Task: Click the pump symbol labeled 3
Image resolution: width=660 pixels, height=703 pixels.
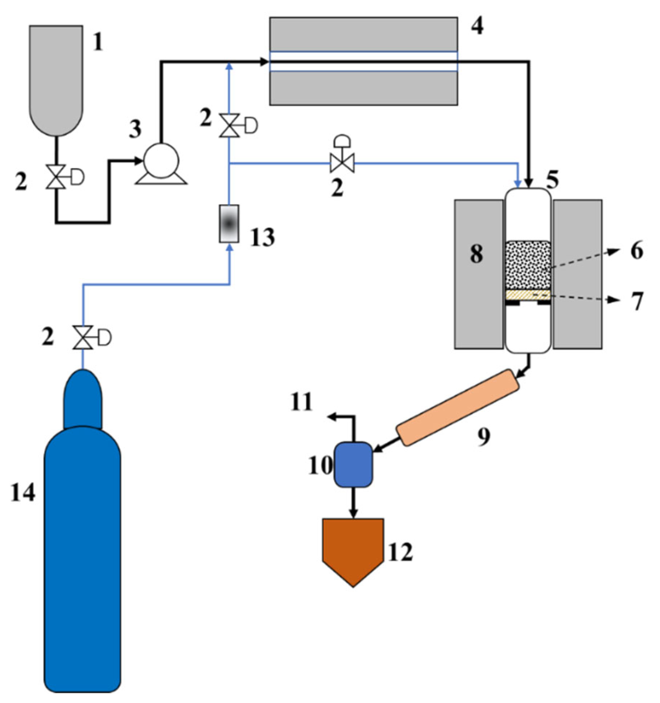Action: (x=161, y=161)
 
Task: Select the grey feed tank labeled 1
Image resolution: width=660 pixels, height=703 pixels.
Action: (x=56, y=76)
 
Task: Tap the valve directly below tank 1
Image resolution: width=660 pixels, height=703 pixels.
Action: (x=56, y=177)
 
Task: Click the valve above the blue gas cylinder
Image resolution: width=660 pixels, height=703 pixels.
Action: (x=83, y=337)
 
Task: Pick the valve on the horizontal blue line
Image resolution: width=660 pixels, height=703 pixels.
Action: (x=342, y=163)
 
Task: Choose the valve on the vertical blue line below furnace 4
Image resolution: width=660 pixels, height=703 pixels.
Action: (x=229, y=125)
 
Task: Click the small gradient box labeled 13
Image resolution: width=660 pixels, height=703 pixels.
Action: (x=229, y=224)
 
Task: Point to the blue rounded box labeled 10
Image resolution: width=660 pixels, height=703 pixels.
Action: (x=353, y=464)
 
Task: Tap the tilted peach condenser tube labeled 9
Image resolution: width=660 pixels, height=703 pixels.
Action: (x=458, y=407)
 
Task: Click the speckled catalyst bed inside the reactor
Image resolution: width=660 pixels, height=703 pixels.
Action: (x=528, y=265)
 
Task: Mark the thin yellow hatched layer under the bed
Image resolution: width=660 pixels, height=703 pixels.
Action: (x=528, y=295)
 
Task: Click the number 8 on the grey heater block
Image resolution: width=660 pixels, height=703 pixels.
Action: (x=477, y=253)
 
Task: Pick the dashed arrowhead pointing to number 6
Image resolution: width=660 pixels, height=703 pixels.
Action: (x=612, y=251)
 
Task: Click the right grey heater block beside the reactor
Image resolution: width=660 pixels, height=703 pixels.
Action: (x=578, y=274)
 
